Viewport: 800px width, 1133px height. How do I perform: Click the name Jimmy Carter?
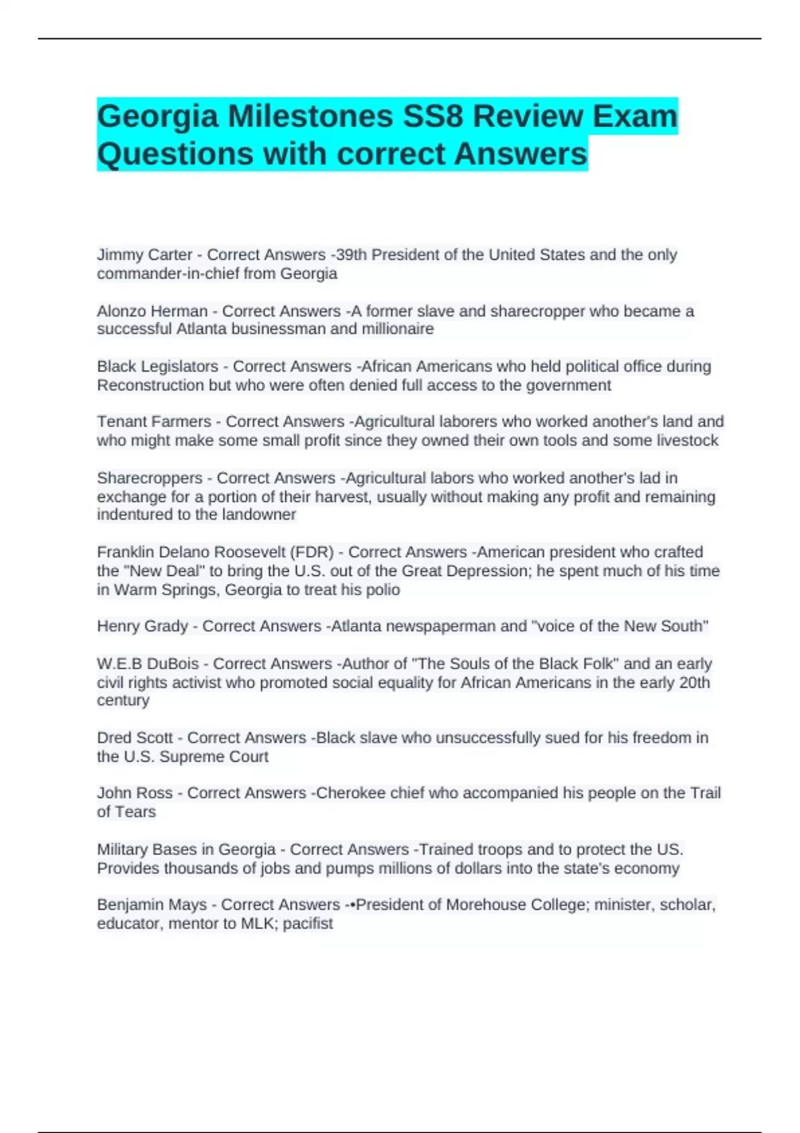point(144,255)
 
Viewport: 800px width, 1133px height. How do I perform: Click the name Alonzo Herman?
point(152,311)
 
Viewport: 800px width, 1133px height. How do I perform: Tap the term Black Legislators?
point(157,367)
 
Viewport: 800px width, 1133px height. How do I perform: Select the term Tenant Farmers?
point(153,422)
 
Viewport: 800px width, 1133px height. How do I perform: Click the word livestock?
point(687,441)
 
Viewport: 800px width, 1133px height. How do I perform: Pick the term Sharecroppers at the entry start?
point(149,479)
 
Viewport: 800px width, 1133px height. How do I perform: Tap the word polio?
point(384,590)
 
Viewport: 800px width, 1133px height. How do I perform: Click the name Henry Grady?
point(142,626)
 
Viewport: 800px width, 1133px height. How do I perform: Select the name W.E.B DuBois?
point(147,664)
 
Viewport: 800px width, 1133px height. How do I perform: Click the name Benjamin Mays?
point(151,905)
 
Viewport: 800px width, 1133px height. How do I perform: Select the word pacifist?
point(307,924)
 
